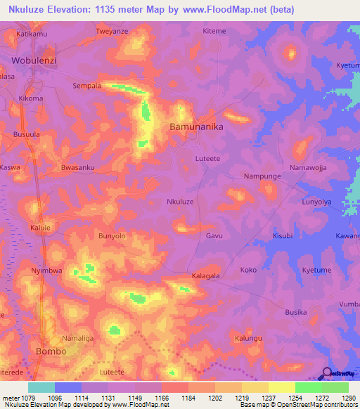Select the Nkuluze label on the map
179,202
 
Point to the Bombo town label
51,351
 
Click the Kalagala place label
205,276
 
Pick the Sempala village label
87,86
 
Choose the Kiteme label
214,32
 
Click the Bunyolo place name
112,236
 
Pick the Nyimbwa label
47,270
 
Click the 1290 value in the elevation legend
349,398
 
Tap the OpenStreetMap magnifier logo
326,375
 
